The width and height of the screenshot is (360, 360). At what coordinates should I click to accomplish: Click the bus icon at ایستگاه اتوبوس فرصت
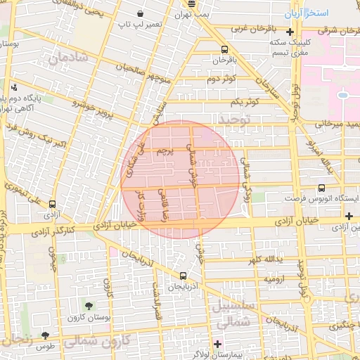click(321, 188)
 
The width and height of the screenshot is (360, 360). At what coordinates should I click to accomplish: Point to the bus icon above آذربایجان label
click(183, 276)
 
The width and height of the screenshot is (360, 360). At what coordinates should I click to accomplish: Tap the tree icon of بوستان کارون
click(89, 306)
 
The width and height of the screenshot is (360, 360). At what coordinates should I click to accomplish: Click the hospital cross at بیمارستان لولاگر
click(218, 345)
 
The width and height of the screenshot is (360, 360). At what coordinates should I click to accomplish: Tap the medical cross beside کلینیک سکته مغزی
click(290, 32)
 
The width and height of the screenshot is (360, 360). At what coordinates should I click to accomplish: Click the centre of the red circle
click(181, 179)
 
